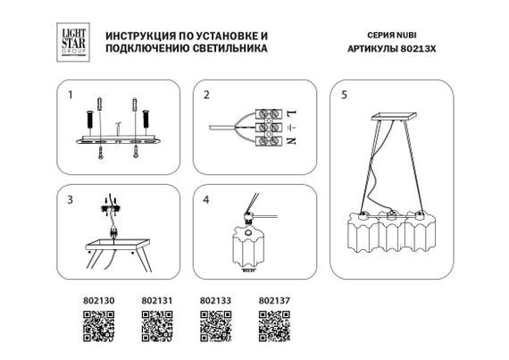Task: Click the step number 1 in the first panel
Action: [69, 94]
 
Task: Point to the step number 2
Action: [206, 94]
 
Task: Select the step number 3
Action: [69, 199]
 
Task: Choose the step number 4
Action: [206, 199]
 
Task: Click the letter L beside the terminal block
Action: [292, 113]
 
